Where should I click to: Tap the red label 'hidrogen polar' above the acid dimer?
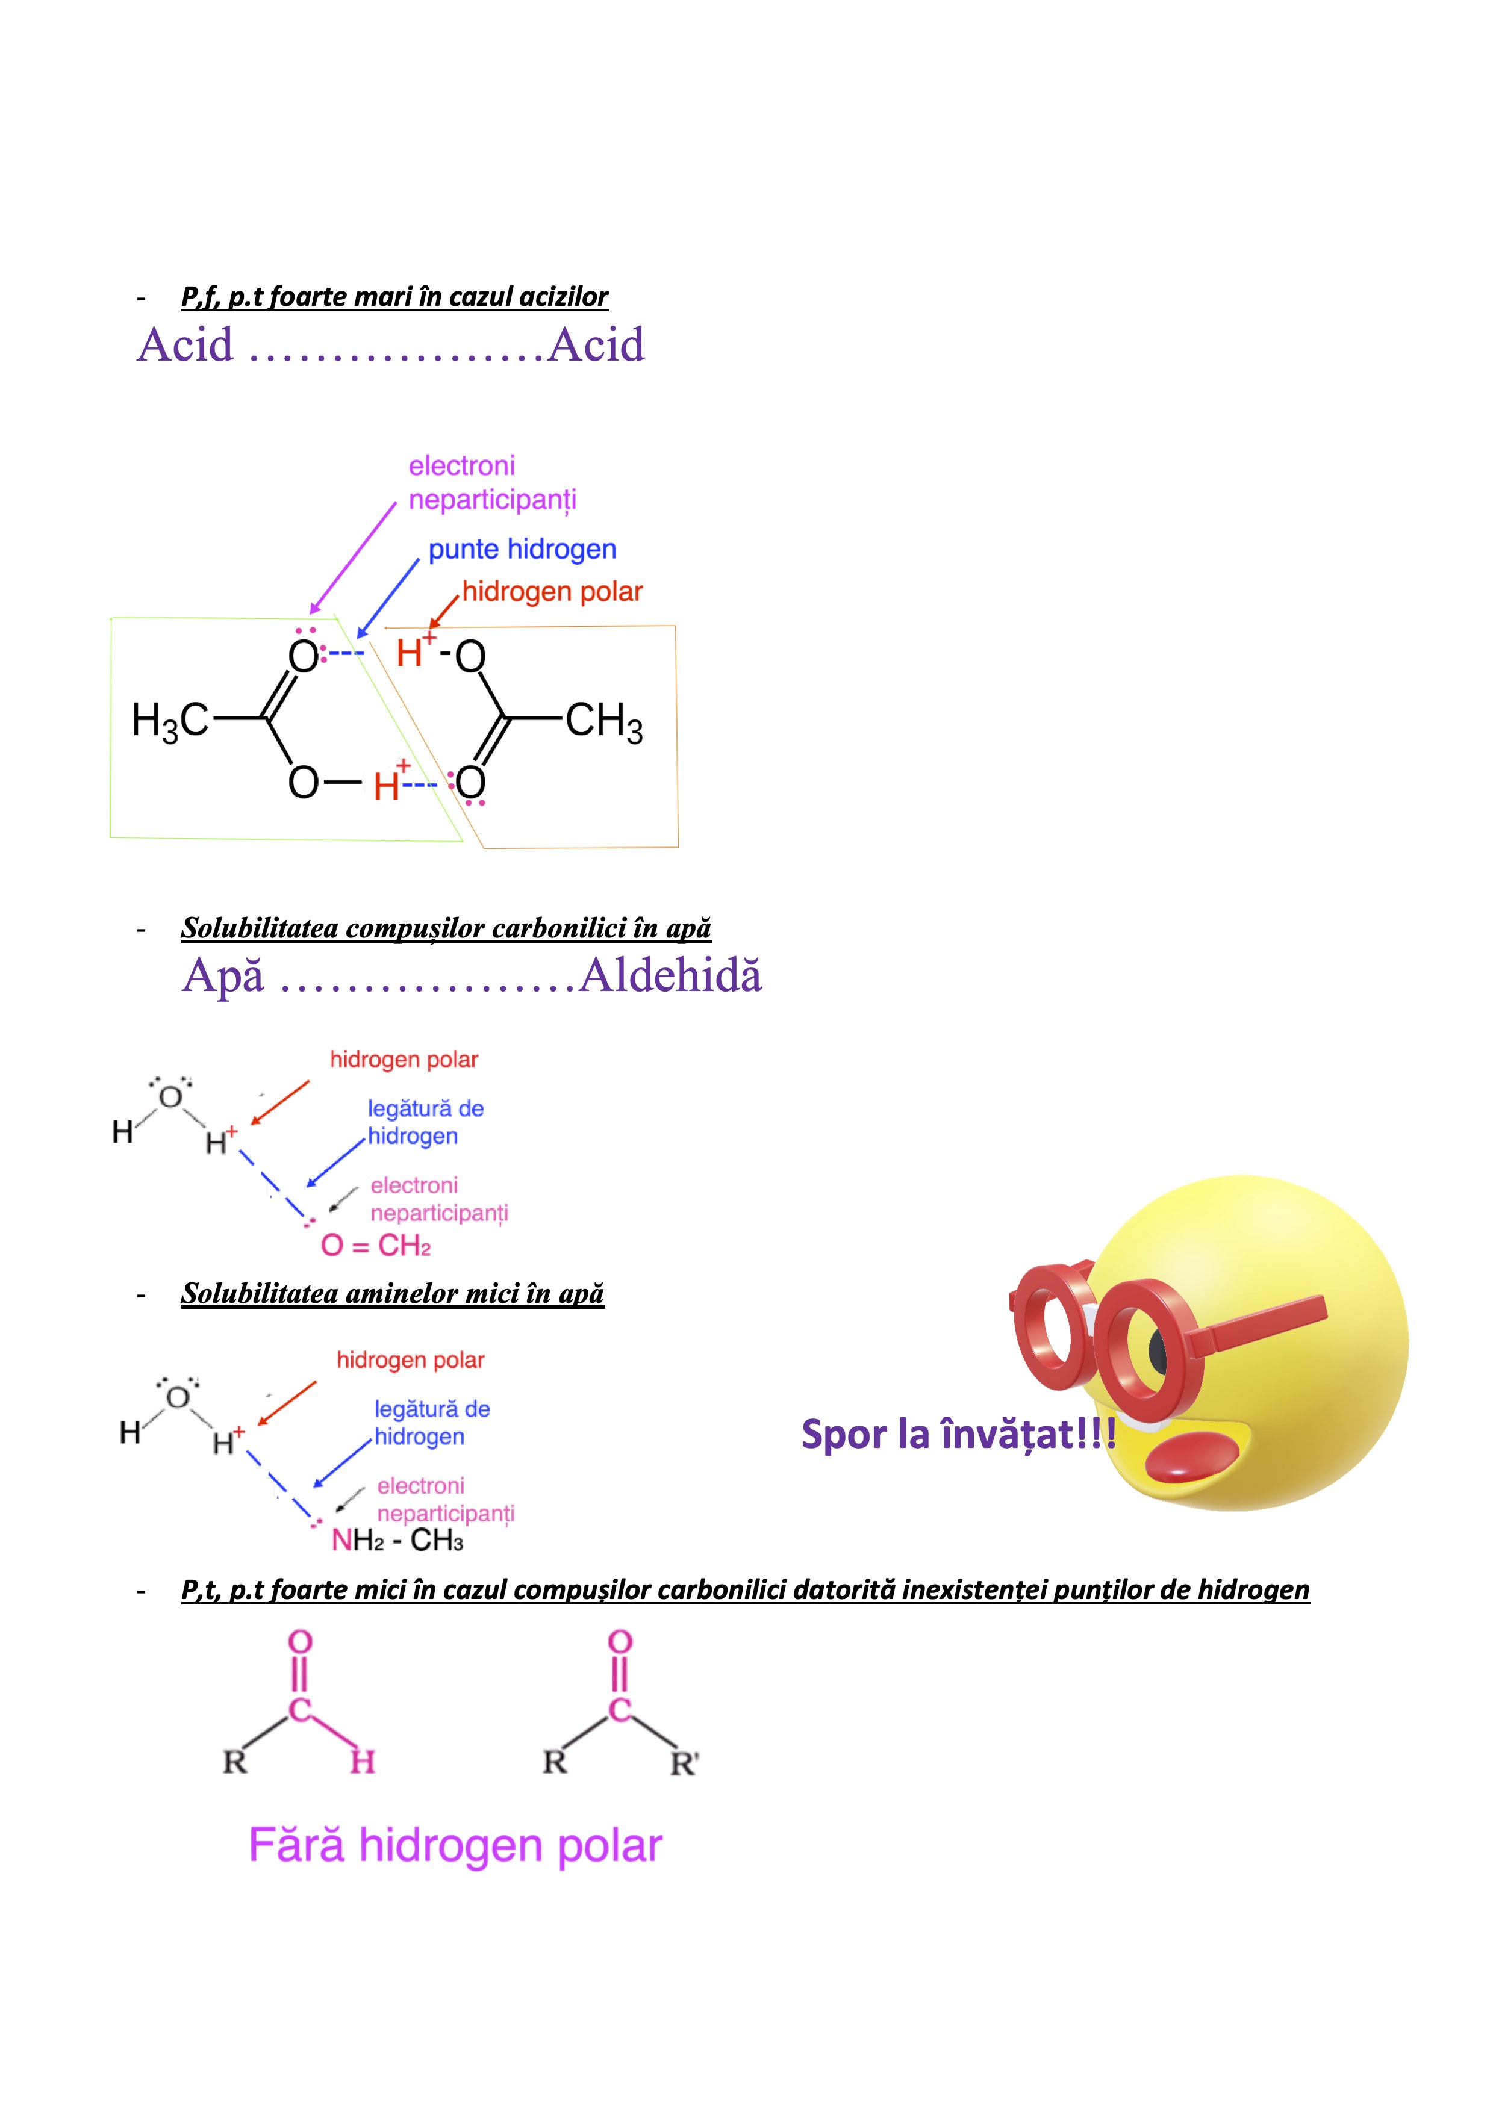click(552, 591)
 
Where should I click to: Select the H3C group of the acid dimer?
click(171, 720)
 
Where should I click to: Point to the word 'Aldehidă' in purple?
click(670, 976)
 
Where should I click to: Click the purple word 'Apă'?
click(223, 976)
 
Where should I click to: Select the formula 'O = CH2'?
click(375, 1246)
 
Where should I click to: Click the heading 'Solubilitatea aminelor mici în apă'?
click(393, 1293)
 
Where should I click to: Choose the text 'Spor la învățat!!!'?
click(959, 1434)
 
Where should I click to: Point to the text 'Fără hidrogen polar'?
click(455, 1845)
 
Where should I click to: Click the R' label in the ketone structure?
click(684, 1763)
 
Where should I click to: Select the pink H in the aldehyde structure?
click(363, 1762)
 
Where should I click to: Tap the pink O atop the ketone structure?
click(621, 1642)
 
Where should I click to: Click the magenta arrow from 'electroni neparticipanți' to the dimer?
click(354, 558)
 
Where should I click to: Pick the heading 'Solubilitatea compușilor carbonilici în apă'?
click(446, 928)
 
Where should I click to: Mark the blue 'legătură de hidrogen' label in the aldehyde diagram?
click(426, 1122)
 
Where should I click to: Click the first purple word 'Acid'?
click(186, 345)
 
